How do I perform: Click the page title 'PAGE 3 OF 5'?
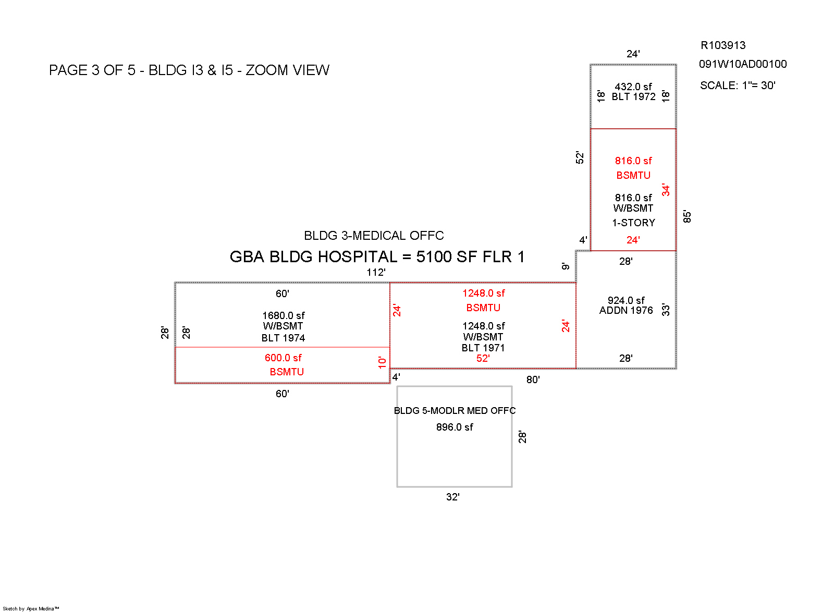(x=92, y=70)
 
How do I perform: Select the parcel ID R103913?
(x=722, y=45)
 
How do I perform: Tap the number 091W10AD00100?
(x=742, y=64)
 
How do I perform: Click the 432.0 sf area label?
(x=633, y=87)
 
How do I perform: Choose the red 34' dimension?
(x=666, y=190)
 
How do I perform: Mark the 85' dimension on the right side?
(x=687, y=217)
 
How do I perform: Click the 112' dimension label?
(x=376, y=272)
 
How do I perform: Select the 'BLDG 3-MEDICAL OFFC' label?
(x=374, y=236)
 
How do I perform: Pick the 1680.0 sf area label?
(x=283, y=315)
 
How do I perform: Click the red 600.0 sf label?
(x=283, y=358)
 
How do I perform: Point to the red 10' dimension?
(x=382, y=362)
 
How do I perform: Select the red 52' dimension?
(x=483, y=358)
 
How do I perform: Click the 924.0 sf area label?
(x=625, y=300)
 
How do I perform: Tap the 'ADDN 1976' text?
(x=625, y=311)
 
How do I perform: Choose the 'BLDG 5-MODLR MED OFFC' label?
(x=455, y=410)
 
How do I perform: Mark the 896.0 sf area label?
(x=455, y=427)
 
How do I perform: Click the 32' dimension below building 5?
(x=452, y=497)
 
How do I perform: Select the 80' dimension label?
(x=533, y=380)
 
